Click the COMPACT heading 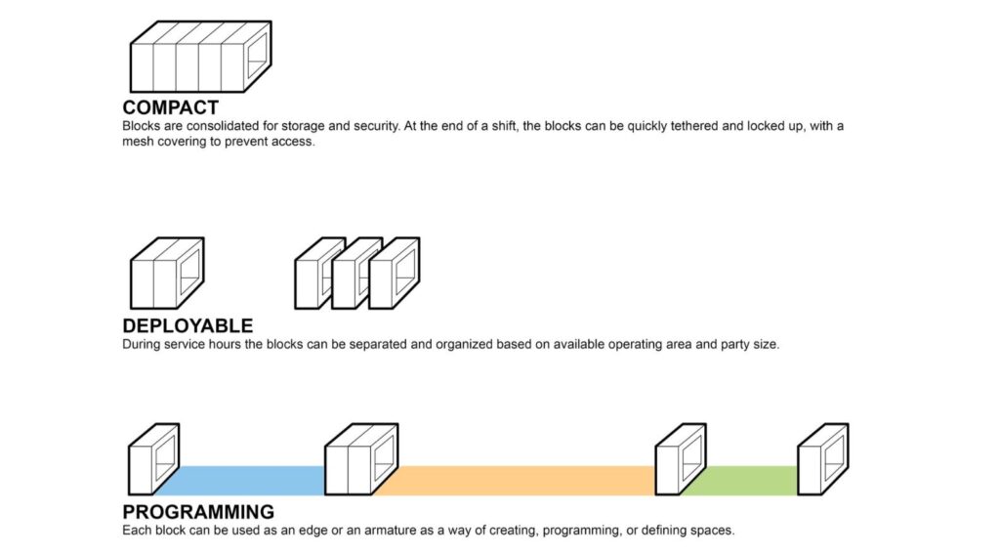click(170, 107)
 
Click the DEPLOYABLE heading click(187, 326)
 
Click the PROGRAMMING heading click(198, 512)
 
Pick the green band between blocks click(740, 480)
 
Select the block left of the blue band click(153, 458)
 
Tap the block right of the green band click(822, 458)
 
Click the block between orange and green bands click(680, 458)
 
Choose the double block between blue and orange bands click(360, 458)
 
